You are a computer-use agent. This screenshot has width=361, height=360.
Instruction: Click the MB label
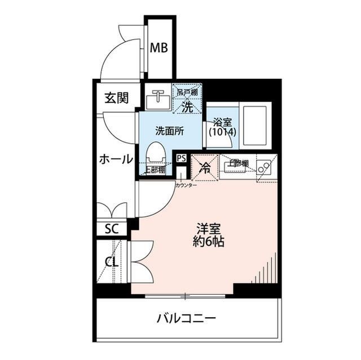point(159,48)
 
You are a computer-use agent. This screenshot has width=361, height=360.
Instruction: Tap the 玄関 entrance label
point(116,97)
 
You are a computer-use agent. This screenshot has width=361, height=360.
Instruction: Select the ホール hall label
point(116,159)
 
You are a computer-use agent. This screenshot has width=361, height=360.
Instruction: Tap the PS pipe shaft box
point(181,158)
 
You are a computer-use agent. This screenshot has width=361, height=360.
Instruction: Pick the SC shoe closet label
point(112,229)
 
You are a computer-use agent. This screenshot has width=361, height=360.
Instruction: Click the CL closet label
point(111,262)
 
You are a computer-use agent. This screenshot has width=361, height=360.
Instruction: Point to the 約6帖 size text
point(208,243)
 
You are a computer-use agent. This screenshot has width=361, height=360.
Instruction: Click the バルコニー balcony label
point(186,319)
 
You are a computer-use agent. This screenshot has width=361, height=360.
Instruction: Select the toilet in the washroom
point(155,153)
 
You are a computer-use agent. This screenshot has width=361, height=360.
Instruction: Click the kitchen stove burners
point(262,167)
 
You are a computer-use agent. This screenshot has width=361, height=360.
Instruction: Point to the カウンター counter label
point(186,184)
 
